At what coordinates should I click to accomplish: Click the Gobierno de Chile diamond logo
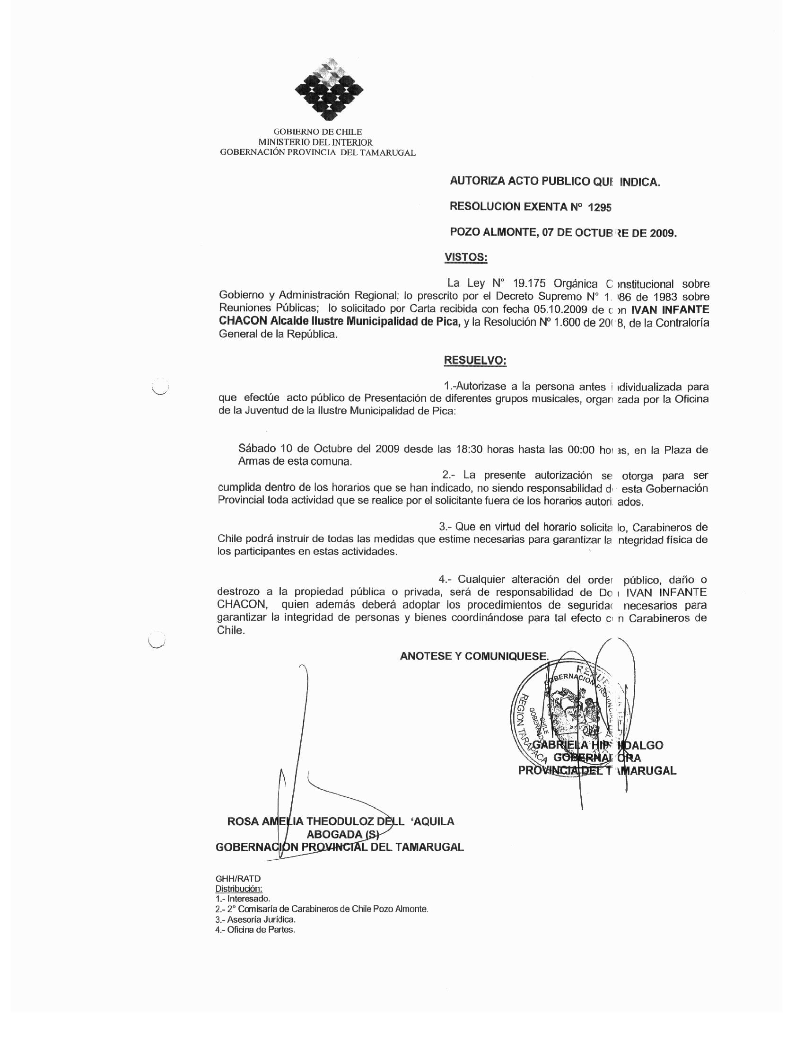(x=329, y=89)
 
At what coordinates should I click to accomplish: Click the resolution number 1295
(x=600, y=207)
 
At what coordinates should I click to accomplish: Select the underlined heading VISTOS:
(x=465, y=257)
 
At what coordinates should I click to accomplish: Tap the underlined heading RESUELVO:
(x=475, y=361)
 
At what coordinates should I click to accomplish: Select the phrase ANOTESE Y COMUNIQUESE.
(x=474, y=656)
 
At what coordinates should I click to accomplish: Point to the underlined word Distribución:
(x=239, y=889)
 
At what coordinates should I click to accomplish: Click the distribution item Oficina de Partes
(x=255, y=930)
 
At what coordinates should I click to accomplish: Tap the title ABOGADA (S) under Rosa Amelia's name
(x=342, y=834)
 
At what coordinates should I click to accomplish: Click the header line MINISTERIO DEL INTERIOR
(x=315, y=142)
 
